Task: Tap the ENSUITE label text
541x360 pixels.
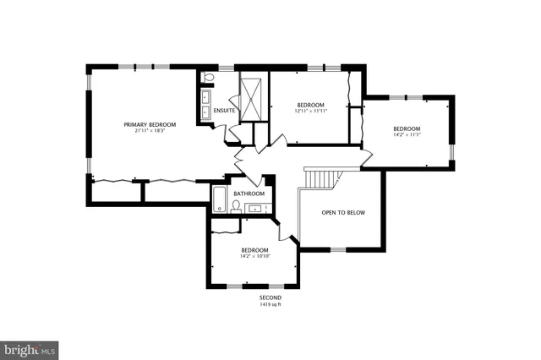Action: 224,110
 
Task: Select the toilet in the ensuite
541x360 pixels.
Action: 209,78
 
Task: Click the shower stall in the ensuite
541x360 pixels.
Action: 252,98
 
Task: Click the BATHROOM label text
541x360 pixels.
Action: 249,194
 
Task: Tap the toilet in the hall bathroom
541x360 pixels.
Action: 236,206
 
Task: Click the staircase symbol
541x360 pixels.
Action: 321,177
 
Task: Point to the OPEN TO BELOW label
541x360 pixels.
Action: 343,212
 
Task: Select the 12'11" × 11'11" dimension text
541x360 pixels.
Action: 310,111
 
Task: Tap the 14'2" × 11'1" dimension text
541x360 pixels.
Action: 407,135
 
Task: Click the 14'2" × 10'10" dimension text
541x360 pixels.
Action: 254,257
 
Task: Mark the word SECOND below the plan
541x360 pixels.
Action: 270,298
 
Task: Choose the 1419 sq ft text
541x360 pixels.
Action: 270,305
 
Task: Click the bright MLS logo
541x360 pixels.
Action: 30,348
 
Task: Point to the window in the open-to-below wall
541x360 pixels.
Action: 337,249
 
